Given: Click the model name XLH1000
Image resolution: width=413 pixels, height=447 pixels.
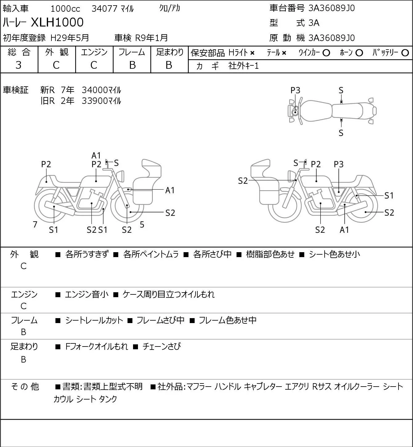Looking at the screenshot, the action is pyautogui.click(x=57, y=22).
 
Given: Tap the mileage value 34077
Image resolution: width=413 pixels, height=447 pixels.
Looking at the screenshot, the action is pyautogui.click(x=104, y=9).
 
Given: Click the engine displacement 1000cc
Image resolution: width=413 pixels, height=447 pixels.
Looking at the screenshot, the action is pyautogui.click(x=65, y=9).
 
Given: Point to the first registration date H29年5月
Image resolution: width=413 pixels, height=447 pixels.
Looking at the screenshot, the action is pyautogui.click(x=70, y=38).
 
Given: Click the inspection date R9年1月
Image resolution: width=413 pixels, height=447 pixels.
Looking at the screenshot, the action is pyautogui.click(x=151, y=38).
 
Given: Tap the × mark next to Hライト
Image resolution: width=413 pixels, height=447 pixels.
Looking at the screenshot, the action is pyautogui.click(x=253, y=53).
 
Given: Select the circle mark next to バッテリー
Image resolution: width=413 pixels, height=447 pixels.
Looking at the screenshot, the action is pyautogui.click(x=405, y=53).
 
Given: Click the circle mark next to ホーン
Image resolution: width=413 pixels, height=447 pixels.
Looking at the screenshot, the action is pyautogui.click(x=359, y=53).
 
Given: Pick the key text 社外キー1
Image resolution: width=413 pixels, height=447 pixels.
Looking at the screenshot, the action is pyautogui.click(x=243, y=66).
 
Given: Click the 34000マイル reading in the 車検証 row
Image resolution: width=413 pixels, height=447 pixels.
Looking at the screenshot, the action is pyautogui.click(x=101, y=90).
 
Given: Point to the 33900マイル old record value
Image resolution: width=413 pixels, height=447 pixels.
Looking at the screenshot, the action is pyautogui.click(x=101, y=101).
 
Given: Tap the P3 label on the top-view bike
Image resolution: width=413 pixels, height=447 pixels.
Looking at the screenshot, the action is pyautogui.click(x=295, y=91).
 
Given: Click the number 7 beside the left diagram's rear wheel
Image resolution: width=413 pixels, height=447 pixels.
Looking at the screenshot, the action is pyautogui.click(x=35, y=224).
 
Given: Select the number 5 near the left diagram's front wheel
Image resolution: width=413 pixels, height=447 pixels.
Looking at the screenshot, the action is pyautogui.click(x=142, y=224).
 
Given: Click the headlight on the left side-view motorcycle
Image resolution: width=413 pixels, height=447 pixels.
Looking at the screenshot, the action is pyautogui.click(x=121, y=176).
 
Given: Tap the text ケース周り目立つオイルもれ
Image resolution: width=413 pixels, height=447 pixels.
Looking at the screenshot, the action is pyautogui.click(x=168, y=294).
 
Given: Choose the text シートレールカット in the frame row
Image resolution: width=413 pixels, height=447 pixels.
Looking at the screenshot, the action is pyautogui.click(x=94, y=320).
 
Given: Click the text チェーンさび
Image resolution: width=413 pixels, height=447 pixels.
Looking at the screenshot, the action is pyautogui.click(x=161, y=347).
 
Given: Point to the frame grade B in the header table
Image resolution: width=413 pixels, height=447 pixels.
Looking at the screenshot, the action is pyautogui.click(x=132, y=65).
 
